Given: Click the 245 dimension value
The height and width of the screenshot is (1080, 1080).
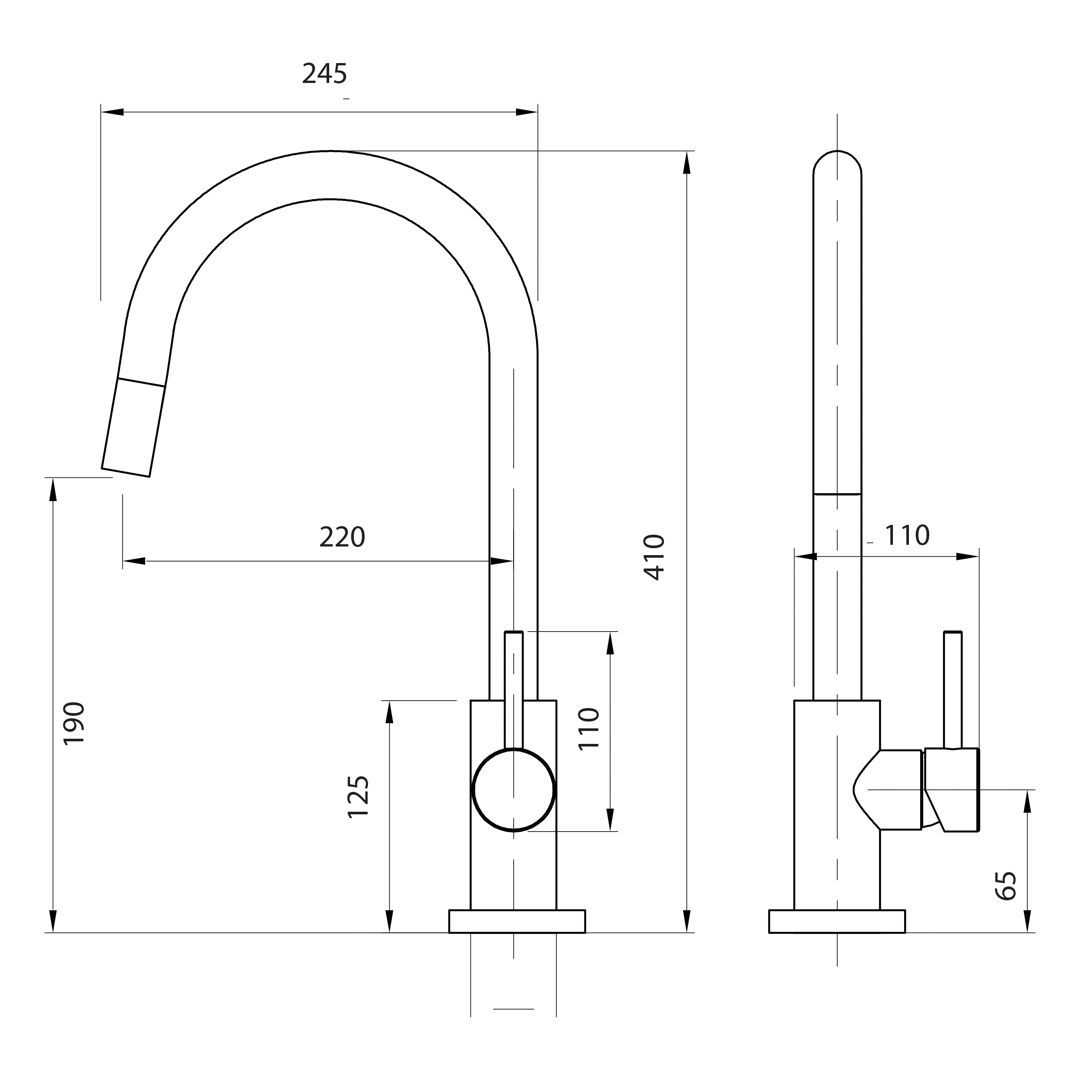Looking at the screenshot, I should coord(324,74).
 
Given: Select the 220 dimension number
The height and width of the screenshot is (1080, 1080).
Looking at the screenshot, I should coord(342,537).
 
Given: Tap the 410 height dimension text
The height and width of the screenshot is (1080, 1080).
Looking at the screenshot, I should coord(654,557).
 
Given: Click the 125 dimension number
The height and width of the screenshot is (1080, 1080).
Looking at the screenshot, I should coord(358,797).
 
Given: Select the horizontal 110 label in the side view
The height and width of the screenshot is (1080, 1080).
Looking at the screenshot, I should coord(907,536).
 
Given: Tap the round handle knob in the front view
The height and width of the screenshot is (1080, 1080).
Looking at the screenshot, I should coord(513,790).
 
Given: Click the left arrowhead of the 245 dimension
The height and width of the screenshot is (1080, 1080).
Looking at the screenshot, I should coord(112,112).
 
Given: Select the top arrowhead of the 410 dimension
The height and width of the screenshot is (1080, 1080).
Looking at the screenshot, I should coord(687,163).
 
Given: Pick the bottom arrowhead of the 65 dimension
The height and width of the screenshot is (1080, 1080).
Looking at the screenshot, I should coord(1027,920).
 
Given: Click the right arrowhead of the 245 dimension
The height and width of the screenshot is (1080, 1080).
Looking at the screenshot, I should coord(526,112).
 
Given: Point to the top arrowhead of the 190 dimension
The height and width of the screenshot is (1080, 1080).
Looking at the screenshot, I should coord(53,490).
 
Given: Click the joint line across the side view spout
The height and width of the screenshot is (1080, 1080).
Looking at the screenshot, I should coord(837,494).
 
